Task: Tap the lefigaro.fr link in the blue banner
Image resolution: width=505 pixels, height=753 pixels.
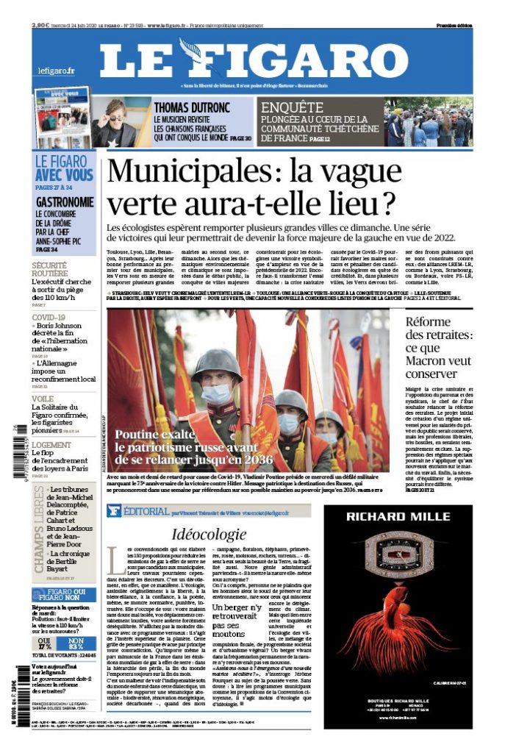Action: point(57,71)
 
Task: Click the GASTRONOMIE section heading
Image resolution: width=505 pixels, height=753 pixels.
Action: point(65,201)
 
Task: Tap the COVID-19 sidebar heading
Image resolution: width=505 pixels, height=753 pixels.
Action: point(49,318)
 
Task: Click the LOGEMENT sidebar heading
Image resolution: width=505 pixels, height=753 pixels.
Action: point(51,445)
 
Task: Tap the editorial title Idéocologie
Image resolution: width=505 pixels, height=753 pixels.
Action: point(209,534)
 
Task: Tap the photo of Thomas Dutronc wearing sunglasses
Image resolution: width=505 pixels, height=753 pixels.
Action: point(114,121)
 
